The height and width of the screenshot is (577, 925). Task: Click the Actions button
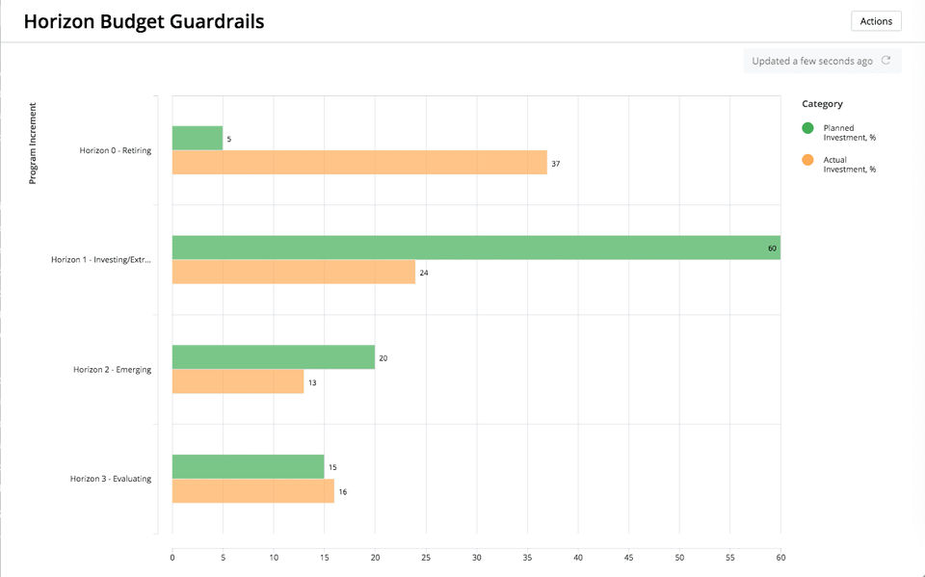tap(875, 21)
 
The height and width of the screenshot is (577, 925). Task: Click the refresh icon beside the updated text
tap(886, 61)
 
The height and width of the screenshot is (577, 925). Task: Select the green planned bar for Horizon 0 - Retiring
tap(198, 138)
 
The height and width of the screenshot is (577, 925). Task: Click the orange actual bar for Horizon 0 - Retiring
tap(359, 162)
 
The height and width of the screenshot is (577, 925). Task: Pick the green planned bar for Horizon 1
tap(476, 248)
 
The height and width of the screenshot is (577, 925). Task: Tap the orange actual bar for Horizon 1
tap(294, 272)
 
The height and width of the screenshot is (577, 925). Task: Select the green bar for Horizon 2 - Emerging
tap(274, 357)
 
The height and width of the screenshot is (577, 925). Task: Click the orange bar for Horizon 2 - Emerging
tap(238, 381)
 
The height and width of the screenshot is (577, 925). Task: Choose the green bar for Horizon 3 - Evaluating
tap(249, 467)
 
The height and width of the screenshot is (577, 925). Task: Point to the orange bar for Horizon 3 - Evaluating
tap(253, 491)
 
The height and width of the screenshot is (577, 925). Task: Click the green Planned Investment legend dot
tap(807, 128)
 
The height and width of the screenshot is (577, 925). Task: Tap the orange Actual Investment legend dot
tap(807, 160)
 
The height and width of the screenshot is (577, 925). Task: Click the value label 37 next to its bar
tap(556, 164)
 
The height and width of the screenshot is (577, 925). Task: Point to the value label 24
tap(424, 274)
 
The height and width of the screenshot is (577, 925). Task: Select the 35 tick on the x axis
tap(527, 557)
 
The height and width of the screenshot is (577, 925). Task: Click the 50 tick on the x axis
tap(679, 557)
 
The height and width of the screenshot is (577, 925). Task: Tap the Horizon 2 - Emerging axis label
tap(112, 370)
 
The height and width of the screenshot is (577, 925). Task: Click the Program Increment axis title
tap(33, 143)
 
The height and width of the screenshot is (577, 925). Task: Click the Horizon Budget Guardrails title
tap(144, 21)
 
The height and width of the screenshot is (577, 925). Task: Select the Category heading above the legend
tap(822, 104)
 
